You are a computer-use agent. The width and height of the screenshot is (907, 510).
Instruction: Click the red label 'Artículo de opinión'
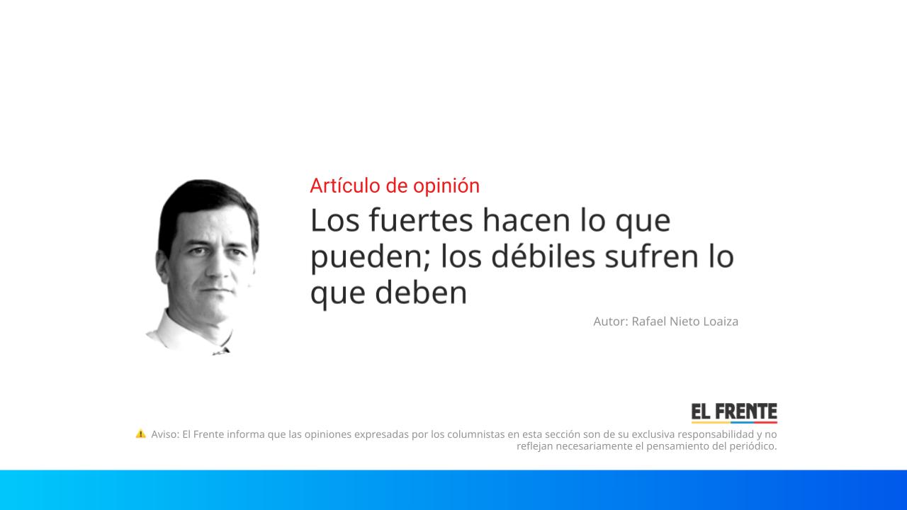tap(395, 186)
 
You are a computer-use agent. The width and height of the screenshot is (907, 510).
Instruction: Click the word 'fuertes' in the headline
tap(422, 221)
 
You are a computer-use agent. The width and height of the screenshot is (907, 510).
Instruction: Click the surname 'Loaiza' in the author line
tap(720, 322)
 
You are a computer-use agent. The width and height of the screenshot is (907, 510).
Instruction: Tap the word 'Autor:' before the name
tap(611, 322)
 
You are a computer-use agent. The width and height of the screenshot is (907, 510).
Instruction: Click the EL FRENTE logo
tap(734, 413)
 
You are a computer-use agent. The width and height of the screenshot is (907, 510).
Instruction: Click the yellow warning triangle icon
tap(141, 433)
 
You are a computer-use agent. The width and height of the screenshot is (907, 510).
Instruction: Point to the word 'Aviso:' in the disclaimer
tap(165, 434)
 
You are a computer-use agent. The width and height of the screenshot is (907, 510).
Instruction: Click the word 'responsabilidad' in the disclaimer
tap(715, 434)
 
